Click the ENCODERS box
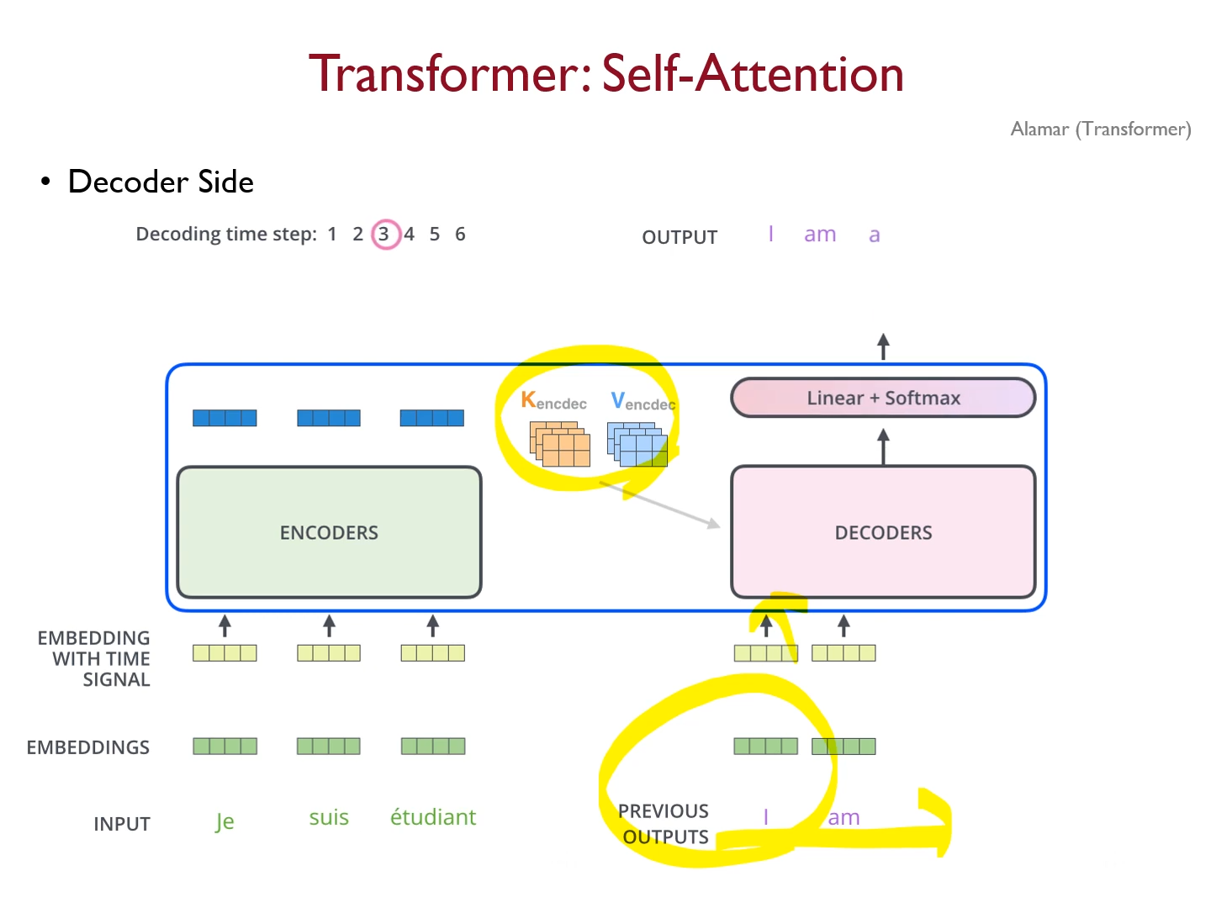[x=329, y=532]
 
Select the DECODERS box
[x=883, y=532]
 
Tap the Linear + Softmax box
[x=883, y=398]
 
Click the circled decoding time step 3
[x=384, y=234]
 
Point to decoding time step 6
[x=460, y=234]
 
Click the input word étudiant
[x=432, y=817]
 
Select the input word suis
[x=329, y=817]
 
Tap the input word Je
[x=225, y=821]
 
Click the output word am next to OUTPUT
[x=820, y=235]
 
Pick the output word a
[x=875, y=235]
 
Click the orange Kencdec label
[x=553, y=401]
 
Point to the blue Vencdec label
[x=643, y=402]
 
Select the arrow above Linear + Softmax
[x=883, y=346]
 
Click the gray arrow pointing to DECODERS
[x=661, y=504]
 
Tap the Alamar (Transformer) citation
[x=1100, y=129]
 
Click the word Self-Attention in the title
[x=753, y=73]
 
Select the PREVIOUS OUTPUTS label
[x=664, y=824]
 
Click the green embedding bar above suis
[x=329, y=746]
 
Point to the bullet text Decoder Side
[x=161, y=182]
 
